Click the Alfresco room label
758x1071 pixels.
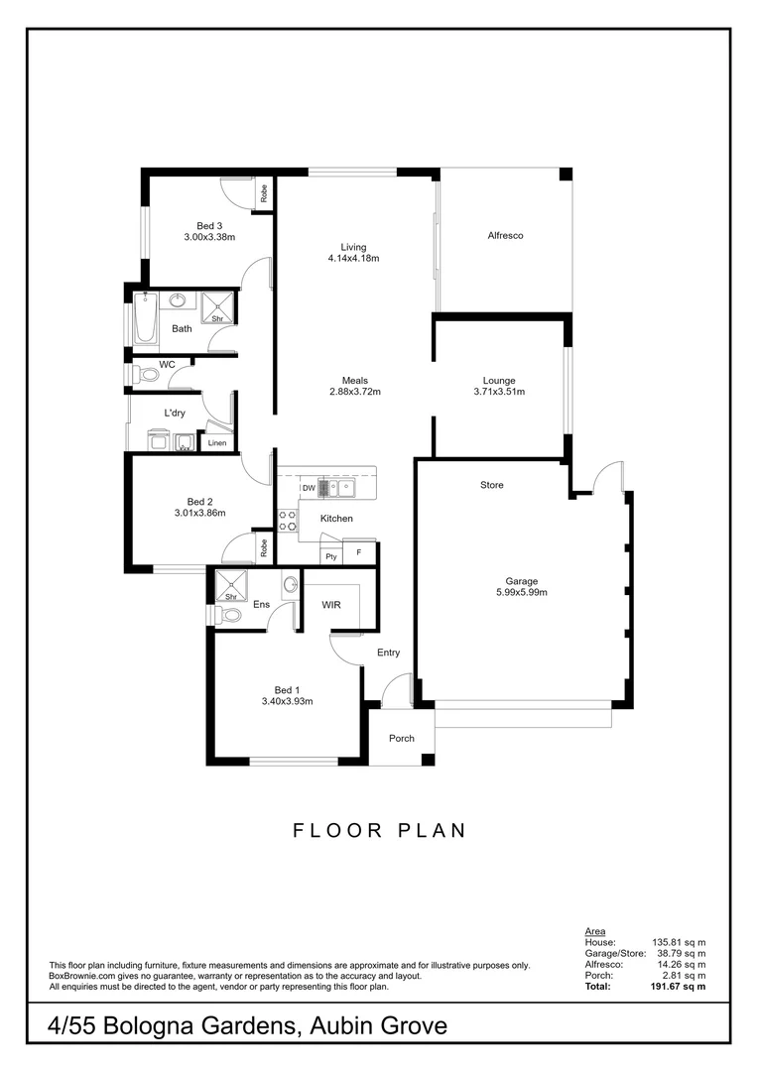[505, 236]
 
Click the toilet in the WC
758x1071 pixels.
[146, 375]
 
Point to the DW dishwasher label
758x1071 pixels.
[309, 488]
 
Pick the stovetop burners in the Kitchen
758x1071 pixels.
[287, 522]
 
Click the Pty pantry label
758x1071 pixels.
[330, 557]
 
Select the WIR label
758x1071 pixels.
[330, 604]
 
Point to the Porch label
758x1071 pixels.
[401, 739]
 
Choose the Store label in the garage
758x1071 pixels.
[492, 485]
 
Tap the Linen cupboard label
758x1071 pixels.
[216, 443]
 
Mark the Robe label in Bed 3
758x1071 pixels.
[264, 195]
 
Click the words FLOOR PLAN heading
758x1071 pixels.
[379, 831]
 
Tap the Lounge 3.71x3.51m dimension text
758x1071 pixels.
[498, 392]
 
